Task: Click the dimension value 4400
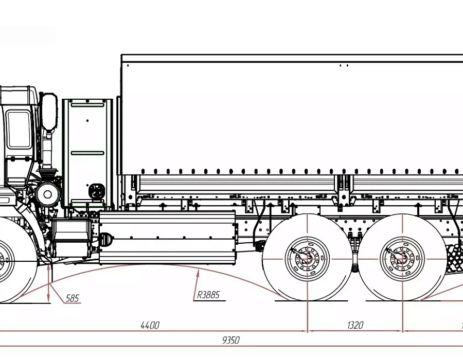(x=150, y=325)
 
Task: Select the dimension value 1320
(x=355, y=325)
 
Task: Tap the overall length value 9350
(x=230, y=340)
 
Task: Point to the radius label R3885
(x=208, y=295)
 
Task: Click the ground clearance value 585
(x=73, y=298)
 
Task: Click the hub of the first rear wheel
(x=308, y=259)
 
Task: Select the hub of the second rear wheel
(x=402, y=259)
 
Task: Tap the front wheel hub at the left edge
(x=3, y=261)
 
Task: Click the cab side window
(x=19, y=130)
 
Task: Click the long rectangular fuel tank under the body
(x=167, y=238)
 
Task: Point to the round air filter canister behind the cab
(x=47, y=194)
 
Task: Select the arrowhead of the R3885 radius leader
(x=198, y=273)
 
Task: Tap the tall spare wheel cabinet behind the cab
(x=87, y=153)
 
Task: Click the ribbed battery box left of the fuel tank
(x=72, y=239)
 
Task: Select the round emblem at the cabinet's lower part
(x=97, y=191)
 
